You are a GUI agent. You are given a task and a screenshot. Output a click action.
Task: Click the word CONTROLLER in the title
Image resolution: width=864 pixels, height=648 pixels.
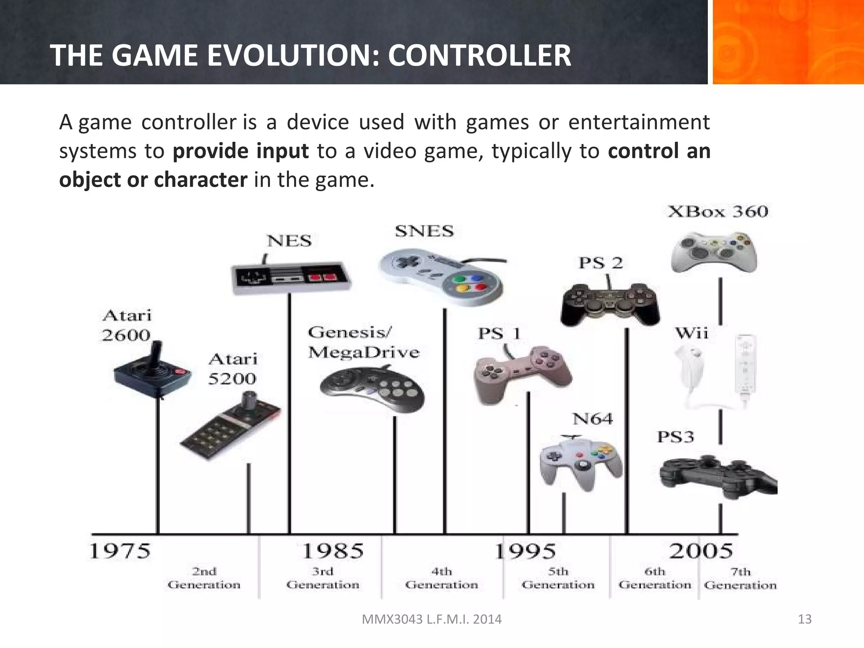[x=479, y=56]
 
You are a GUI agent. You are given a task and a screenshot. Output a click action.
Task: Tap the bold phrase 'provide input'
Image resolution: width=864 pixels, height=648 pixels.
[x=240, y=151]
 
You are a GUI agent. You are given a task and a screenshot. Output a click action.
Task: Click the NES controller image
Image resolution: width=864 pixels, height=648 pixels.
[x=291, y=277]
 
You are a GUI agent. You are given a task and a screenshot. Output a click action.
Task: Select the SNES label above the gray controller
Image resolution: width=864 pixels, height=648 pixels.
[x=424, y=231]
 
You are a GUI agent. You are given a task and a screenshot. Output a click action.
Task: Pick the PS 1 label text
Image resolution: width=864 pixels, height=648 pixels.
[x=499, y=334]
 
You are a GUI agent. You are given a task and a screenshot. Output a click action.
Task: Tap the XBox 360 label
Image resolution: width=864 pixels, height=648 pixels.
[x=718, y=211]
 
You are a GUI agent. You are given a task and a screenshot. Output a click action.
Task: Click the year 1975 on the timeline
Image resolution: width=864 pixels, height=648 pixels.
[x=120, y=551]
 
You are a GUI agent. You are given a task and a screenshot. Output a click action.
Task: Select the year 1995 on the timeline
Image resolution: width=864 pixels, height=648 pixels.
[x=525, y=551]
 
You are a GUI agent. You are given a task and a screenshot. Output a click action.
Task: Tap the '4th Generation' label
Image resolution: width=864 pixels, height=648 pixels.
[x=441, y=578]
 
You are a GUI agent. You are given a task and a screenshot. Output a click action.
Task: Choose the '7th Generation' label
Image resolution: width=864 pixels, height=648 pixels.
[x=740, y=578]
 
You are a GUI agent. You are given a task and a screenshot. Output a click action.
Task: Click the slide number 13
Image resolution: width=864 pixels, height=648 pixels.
[x=805, y=619]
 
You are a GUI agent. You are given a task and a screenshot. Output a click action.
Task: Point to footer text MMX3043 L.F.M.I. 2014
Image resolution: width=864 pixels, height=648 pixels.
[x=432, y=619]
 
